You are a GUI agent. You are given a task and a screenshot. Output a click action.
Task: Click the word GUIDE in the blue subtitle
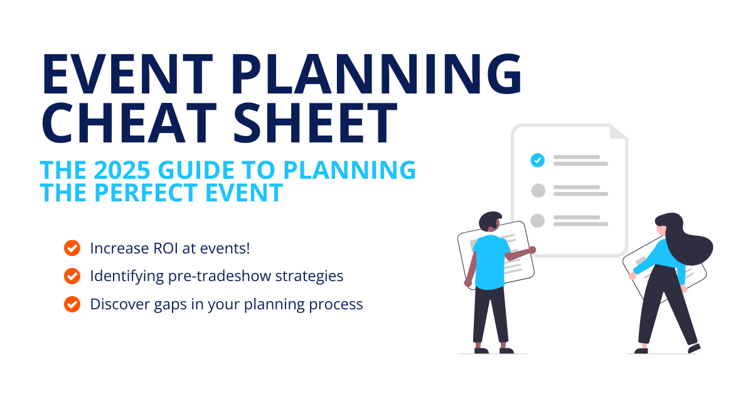coord(214,171)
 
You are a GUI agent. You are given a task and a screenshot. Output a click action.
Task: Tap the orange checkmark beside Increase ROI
coord(72,248)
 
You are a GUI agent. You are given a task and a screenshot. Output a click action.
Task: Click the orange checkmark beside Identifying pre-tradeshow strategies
coord(72,275)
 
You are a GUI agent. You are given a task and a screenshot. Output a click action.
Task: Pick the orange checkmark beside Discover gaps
coord(72,304)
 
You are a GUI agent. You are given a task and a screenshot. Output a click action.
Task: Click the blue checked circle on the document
coord(537,160)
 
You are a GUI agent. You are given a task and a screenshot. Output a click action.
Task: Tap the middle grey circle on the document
coord(537,190)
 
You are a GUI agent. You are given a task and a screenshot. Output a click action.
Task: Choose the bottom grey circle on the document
coord(537,220)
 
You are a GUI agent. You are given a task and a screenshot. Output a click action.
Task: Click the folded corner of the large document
coord(618,132)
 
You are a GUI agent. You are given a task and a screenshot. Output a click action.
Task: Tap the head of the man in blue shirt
coord(489,221)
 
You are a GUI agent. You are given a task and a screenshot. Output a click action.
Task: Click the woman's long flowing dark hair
coord(690,245)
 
